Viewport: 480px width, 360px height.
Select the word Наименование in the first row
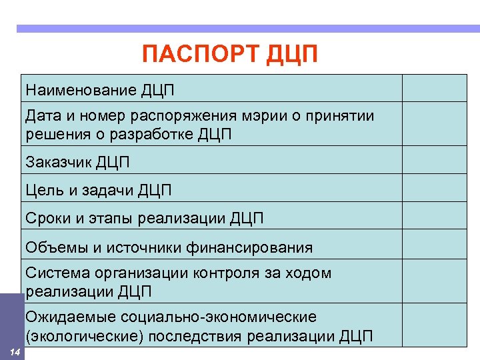[x=81, y=89]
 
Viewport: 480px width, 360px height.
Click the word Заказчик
[x=59, y=161]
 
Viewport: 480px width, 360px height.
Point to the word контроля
[x=234, y=273]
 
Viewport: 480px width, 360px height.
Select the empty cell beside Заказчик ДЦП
[x=433, y=161]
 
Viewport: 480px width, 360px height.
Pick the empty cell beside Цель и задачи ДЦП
[x=433, y=191]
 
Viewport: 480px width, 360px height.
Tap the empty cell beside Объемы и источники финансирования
[x=433, y=245]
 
